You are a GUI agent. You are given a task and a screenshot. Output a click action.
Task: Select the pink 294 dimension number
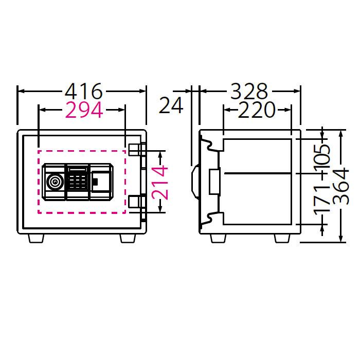pos(82,109)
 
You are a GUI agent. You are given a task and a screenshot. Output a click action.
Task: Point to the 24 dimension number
pos(171,105)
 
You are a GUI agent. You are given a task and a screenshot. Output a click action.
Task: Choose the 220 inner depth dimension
pos(257,110)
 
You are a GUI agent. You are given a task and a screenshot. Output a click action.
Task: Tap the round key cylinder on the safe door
pos(54,182)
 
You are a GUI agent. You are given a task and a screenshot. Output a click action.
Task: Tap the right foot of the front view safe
pos(129,238)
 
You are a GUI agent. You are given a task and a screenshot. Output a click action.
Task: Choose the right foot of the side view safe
pos(282,238)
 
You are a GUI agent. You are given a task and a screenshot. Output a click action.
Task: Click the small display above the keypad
pos(77,169)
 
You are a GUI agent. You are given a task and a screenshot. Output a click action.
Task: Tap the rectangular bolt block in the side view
pos(214,181)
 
